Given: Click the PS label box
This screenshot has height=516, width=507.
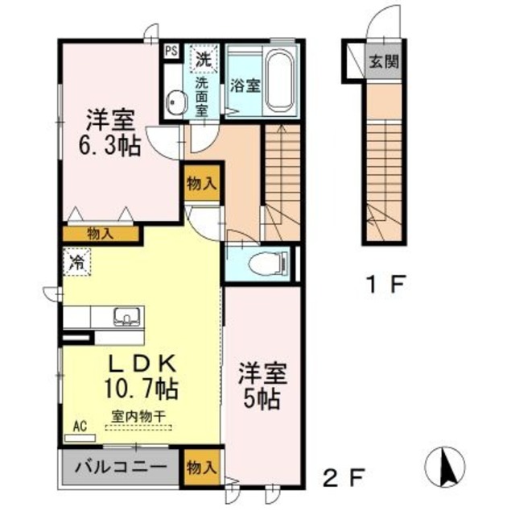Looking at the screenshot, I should click(x=171, y=50).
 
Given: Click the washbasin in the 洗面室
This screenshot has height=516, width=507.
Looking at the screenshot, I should click(x=175, y=101).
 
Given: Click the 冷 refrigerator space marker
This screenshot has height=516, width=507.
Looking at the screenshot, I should click(x=77, y=262).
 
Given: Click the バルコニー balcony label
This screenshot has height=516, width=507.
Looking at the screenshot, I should click(x=122, y=467).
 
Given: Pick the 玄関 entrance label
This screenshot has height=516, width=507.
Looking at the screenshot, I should click(x=382, y=61).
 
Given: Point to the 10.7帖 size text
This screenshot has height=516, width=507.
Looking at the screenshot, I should click(x=140, y=389).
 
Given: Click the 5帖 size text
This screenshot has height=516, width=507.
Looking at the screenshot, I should click(x=259, y=398).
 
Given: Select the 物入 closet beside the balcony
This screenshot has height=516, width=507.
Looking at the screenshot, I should click(x=200, y=468).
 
